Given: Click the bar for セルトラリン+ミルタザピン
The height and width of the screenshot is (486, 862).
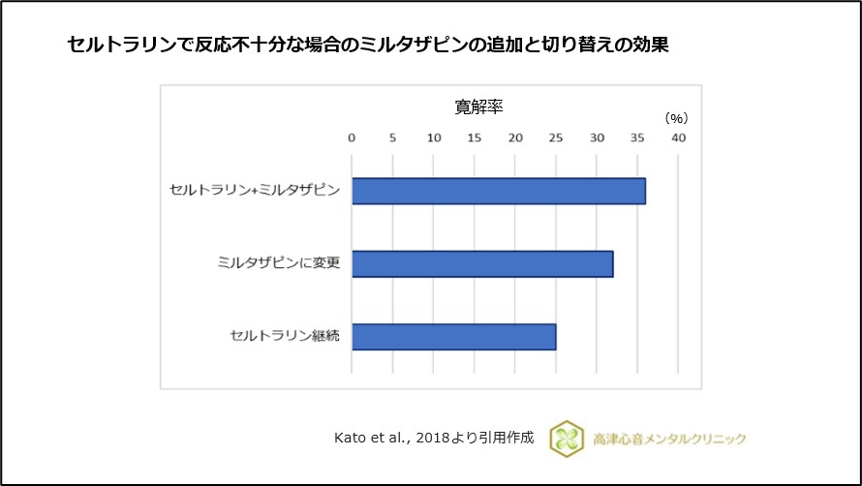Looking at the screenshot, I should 498,191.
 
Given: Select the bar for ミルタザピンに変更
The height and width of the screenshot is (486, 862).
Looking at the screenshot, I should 481,263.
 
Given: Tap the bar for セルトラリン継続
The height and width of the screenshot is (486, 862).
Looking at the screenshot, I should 453,336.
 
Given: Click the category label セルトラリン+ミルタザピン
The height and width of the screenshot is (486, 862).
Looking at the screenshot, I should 254,191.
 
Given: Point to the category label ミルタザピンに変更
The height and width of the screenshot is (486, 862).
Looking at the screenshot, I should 279,263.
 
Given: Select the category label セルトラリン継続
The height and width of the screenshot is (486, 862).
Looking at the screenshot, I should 285,336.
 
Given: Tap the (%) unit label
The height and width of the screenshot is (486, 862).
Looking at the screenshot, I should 676,118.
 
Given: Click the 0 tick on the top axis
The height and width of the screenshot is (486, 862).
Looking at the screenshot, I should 352,137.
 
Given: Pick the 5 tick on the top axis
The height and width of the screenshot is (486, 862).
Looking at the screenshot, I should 392,137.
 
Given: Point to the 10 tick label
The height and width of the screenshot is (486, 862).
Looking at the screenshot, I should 433,137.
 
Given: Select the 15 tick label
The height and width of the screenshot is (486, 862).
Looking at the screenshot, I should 474,137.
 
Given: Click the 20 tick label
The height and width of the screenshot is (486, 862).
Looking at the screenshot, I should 515,137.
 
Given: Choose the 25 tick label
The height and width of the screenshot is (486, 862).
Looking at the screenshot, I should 556,137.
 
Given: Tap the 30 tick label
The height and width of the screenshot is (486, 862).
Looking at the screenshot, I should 597,137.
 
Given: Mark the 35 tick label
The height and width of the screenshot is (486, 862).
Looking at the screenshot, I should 637,137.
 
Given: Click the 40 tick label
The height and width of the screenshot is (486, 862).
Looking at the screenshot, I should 678,137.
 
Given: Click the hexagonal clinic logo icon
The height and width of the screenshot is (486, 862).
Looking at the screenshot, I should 566,439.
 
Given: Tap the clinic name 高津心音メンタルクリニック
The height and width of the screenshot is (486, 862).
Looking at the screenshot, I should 668,439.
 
